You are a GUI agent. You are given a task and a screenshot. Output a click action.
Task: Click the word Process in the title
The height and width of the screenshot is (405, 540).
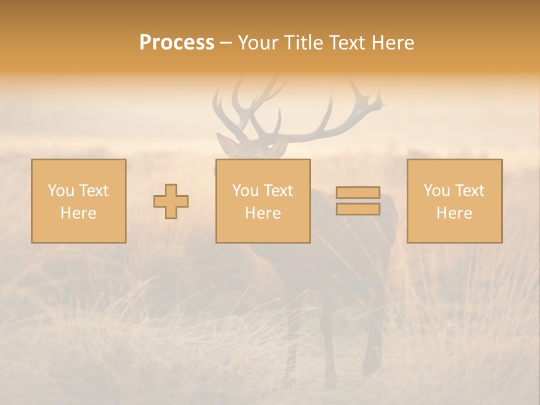click(x=177, y=43)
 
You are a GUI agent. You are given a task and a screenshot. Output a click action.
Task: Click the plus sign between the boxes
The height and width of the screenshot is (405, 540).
click(x=171, y=201)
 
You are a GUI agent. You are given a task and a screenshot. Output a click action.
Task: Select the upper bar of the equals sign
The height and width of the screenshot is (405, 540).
click(x=358, y=192)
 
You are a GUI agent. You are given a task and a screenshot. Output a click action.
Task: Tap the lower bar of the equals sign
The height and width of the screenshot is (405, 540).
click(x=358, y=209)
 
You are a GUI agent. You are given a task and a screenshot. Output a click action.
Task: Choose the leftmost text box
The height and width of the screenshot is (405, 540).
click(x=79, y=201)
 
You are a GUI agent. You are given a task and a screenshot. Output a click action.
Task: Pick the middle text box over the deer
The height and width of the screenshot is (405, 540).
click(x=263, y=201)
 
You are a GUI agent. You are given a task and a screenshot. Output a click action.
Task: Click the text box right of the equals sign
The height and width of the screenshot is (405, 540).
click(x=454, y=201)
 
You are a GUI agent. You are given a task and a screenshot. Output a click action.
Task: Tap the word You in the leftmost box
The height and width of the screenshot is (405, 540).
click(x=60, y=191)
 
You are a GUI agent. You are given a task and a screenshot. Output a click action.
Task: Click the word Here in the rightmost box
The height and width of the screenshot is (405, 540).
click(x=454, y=213)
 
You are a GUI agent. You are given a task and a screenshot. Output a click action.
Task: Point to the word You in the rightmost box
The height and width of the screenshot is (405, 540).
click(x=436, y=191)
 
